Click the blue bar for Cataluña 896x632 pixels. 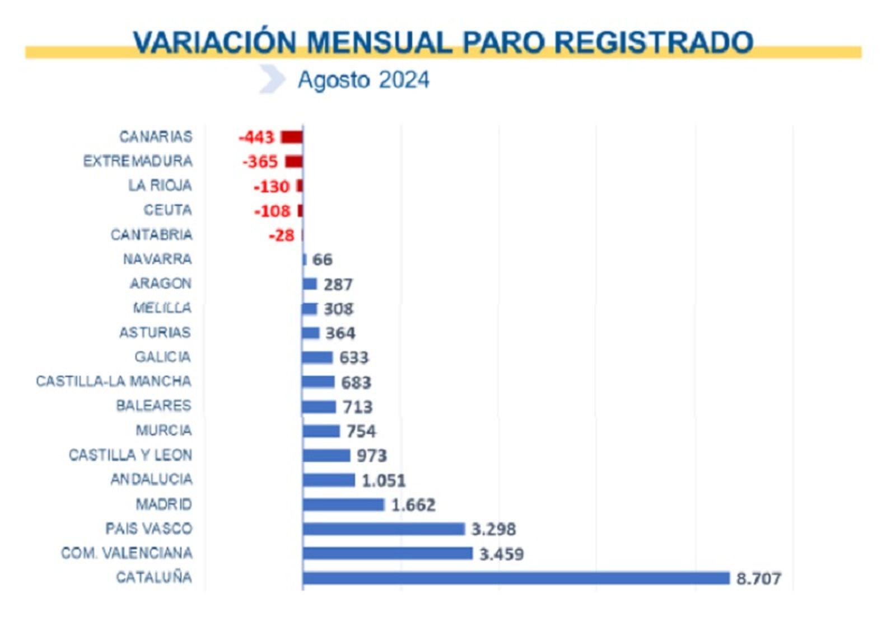coord(515,578)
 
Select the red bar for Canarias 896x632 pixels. coord(292,137)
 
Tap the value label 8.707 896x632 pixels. coord(758,578)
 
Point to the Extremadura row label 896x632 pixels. coord(138,161)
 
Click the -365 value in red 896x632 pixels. coord(260,162)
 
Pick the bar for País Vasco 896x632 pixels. coord(384,529)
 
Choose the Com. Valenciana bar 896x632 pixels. coord(388,553)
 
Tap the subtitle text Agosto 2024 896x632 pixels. coord(363,80)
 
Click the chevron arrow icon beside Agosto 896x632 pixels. coord(272,79)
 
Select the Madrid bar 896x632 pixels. coord(343,504)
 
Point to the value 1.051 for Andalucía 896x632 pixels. coord(384,480)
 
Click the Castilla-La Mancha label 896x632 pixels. coord(114,381)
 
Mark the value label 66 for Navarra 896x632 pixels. coord(322,260)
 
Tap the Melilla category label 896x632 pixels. coord(162,308)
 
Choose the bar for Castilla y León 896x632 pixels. coord(326,455)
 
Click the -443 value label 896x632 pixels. coord(256,137)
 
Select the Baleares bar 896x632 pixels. coord(319,407)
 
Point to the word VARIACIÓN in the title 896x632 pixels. coord(215,43)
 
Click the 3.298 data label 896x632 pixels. coord(493,529)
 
